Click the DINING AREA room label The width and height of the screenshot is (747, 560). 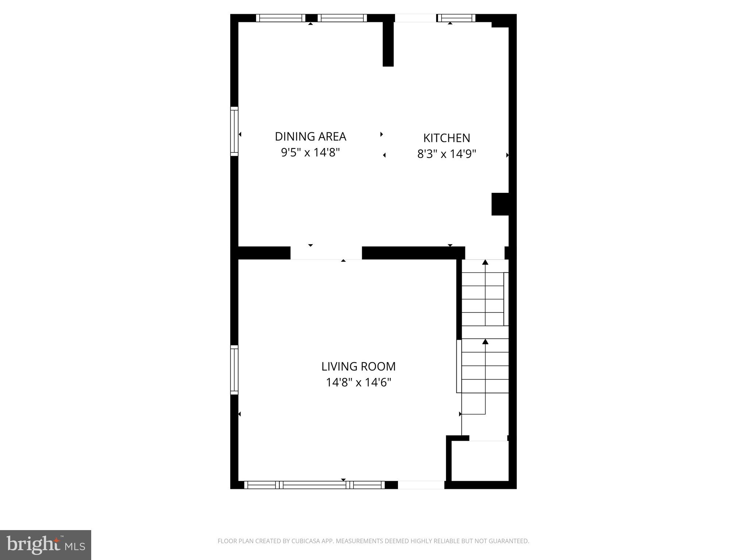(310, 136)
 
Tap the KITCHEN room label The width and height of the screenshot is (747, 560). (446, 138)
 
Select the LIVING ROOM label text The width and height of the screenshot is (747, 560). (358, 366)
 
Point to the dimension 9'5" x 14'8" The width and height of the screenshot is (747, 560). (310, 152)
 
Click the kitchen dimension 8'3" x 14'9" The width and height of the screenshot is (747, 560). (446, 154)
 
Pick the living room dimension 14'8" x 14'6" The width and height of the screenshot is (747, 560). (358, 382)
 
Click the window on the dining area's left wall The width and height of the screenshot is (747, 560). (234, 131)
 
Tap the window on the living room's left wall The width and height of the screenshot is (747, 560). (234, 370)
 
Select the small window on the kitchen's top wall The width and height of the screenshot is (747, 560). (456, 18)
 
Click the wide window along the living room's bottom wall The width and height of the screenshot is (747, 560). (314, 485)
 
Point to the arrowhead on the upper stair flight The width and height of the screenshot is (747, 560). (485, 262)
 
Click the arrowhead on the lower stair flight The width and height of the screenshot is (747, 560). (485, 342)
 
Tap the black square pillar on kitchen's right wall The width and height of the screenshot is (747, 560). (500, 204)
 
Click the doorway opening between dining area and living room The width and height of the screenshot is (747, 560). (326, 253)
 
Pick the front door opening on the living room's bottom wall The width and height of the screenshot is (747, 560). (421, 485)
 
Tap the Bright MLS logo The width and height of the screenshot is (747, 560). (46, 545)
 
